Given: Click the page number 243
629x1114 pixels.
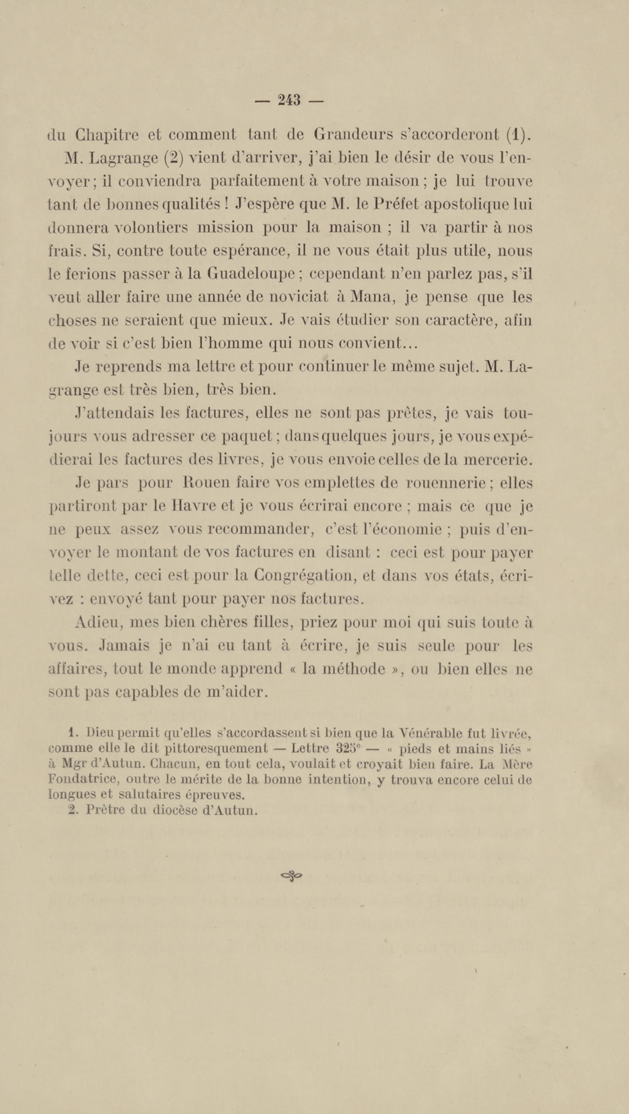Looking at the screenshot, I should (x=289, y=100).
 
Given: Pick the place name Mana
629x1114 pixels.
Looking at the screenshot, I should (x=369, y=297).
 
